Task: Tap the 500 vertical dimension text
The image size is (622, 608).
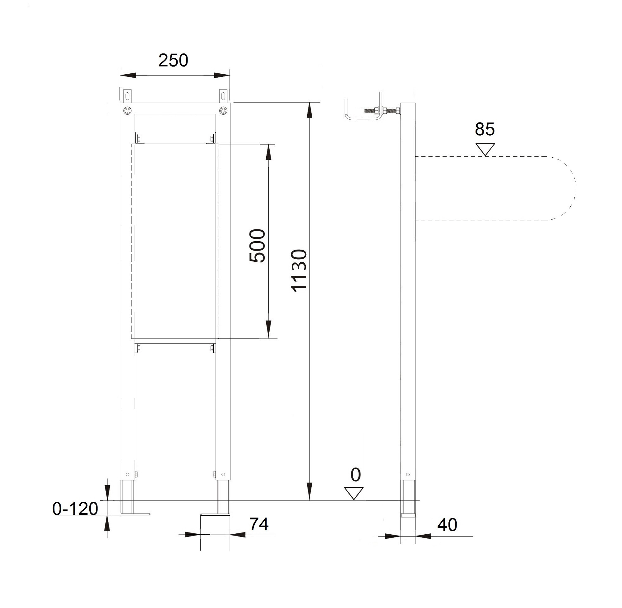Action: pyautogui.click(x=257, y=246)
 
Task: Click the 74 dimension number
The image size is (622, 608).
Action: pyautogui.click(x=259, y=524)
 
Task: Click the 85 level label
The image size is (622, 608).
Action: pyautogui.click(x=485, y=129)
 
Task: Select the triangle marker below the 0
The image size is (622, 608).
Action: pyautogui.click(x=354, y=493)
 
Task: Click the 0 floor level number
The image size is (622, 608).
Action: pyautogui.click(x=355, y=475)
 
